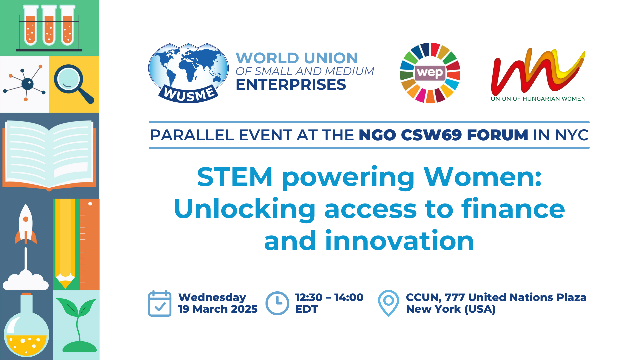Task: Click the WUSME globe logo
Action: (188, 73)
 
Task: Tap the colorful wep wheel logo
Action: (430, 73)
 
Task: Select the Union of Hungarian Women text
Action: (538, 99)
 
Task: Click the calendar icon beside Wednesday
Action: (160, 303)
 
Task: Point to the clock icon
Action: (277, 303)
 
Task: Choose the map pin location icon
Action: (388, 303)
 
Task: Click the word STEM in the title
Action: (235, 177)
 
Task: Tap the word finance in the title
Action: (513, 209)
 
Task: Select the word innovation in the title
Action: (399, 241)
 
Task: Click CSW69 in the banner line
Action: (431, 135)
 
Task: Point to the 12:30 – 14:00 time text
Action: (329, 297)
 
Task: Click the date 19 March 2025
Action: (218, 309)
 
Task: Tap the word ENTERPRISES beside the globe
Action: (291, 85)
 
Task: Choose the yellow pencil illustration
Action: (65, 244)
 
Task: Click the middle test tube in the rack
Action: (49, 25)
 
